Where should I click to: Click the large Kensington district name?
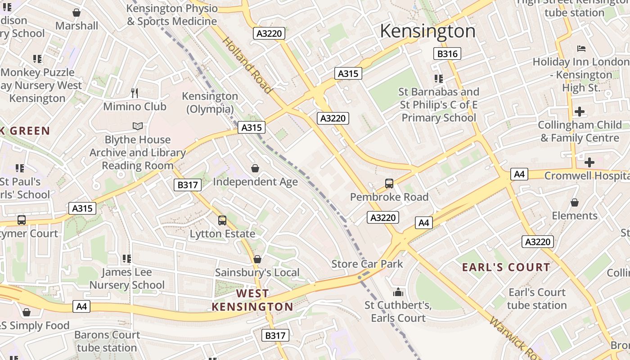[427, 31]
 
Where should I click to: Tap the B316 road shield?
[447, 54]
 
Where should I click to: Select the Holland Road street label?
[247, 65]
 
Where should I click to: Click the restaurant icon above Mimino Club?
[135, 93]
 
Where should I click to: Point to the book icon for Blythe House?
[138, 126]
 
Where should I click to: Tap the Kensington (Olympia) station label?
[210, 103]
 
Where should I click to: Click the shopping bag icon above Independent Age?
[255, 168]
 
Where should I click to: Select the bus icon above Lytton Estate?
[222, 220]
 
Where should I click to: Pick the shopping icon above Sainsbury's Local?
[257, 259]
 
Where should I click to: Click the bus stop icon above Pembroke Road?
[389, 184]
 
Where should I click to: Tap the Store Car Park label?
[367, 264]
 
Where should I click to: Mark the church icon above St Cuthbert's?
[398, 292]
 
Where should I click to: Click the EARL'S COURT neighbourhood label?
[506, 267]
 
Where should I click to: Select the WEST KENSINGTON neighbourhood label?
[252, 300]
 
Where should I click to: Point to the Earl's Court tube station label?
[537, 299]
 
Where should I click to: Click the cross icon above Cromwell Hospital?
[589, 162]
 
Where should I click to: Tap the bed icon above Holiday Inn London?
[581, 48]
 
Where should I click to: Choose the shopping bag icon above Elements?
[575, 202]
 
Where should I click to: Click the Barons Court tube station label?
[107, 341]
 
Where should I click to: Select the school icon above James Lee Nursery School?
[127, 259]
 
